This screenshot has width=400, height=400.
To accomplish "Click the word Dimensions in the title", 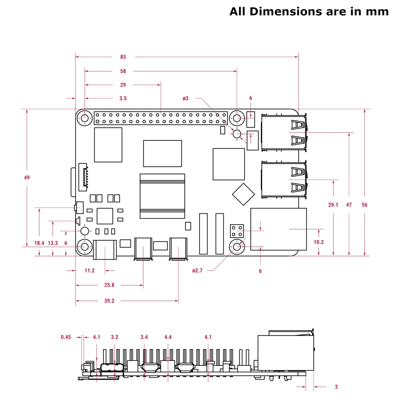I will point(286,12).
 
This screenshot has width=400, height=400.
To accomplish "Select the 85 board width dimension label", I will point(123,57).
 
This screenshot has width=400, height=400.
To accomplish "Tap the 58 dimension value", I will point(123,71).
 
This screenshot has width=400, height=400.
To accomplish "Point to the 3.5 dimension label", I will point(123,98).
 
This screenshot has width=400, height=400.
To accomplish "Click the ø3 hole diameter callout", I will point(186,98).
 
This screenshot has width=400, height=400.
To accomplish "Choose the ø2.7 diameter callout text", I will point(197,271).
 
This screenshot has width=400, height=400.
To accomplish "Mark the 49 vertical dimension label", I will point(27,178).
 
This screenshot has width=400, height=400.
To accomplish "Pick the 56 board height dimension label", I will point(364,205).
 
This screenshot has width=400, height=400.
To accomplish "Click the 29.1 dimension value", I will point(333,205).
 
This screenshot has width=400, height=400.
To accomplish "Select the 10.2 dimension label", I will point(318,242).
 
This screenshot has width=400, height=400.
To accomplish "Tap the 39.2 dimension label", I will point(109,301).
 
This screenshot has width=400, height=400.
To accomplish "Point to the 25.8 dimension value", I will point(109,285).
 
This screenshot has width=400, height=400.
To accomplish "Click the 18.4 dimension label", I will point(39,243).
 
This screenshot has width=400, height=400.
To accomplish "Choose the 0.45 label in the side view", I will point(66,337).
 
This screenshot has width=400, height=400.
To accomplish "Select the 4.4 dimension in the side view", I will point(168,337).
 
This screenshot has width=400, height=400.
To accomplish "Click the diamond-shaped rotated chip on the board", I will point(243,194).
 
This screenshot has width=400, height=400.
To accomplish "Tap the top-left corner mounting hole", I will point(85,118).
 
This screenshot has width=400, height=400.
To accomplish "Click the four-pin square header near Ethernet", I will point(237,231).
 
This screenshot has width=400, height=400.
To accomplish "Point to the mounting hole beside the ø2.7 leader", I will point(237,247).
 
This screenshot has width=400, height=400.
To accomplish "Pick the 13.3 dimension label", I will point(53,243).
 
